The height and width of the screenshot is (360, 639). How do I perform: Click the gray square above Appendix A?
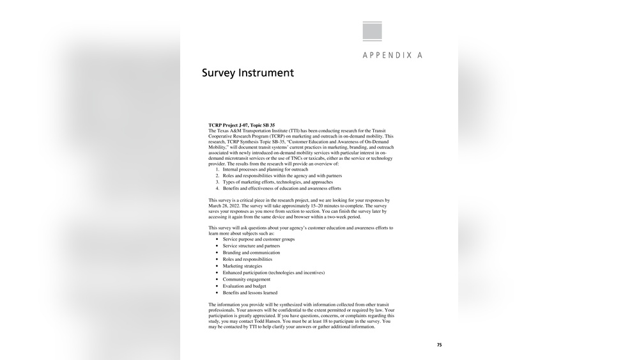pos(372,31)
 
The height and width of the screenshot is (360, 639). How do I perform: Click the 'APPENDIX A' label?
pos(392,56)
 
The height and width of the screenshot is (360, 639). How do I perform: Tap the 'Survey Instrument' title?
pos(248,73)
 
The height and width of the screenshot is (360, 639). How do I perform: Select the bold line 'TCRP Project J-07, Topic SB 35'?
pos(242,125)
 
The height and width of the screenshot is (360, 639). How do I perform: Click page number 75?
pos(439,345)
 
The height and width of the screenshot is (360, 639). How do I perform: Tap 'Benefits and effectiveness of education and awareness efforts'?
pos(282,189)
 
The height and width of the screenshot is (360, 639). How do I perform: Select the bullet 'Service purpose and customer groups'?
pos(259,239)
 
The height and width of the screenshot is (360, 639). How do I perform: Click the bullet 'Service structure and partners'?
pos(251,246)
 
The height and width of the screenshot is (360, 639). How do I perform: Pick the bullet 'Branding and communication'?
pos(251,253)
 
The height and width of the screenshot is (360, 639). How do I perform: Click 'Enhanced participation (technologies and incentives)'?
pos(273,272)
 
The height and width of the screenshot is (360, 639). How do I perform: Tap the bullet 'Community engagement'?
pos(247,279)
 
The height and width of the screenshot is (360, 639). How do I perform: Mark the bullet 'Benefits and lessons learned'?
pos(250,293)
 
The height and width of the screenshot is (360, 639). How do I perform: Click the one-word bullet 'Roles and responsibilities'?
pos(247,260)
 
